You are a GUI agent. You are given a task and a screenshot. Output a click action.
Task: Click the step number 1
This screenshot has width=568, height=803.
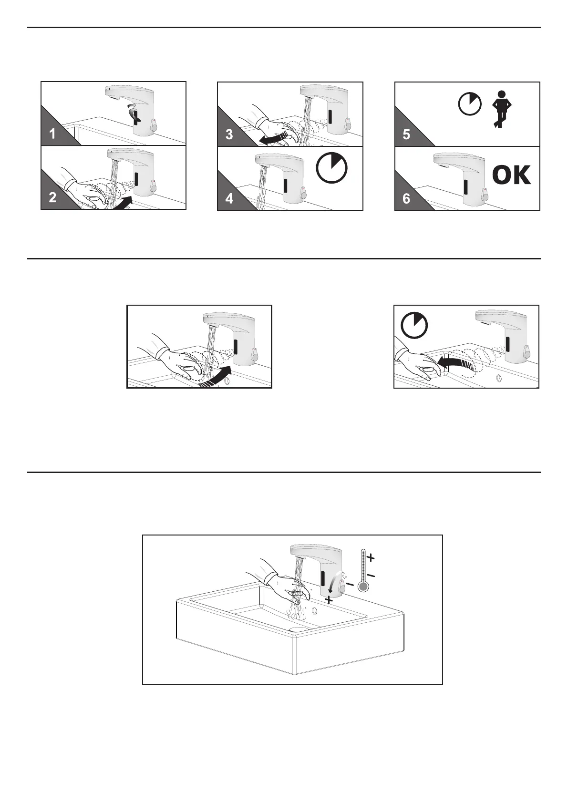(x=52, y=134)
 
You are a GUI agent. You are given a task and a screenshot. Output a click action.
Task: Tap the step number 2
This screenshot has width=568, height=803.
(x=52, y=197)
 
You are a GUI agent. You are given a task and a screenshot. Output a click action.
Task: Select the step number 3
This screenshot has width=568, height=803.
(x=229, y=134)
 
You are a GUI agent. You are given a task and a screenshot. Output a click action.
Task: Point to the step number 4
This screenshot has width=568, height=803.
(x=229, y=198)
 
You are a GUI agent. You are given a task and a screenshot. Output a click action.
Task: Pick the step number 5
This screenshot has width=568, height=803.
(x=406, y=134)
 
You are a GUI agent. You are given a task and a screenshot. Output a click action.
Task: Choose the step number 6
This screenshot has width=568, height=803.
(x=406, y=198)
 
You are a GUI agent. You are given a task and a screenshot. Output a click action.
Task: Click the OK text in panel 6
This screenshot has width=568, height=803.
(x=511, y=175)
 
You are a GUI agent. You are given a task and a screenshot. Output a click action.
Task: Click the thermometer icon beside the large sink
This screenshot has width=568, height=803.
(x=364, y=570)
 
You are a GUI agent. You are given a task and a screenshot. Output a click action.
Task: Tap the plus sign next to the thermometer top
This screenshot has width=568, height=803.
(x=371, y=557)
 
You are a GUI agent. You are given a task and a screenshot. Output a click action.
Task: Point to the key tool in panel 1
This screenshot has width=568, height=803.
(x=136, y=114)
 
